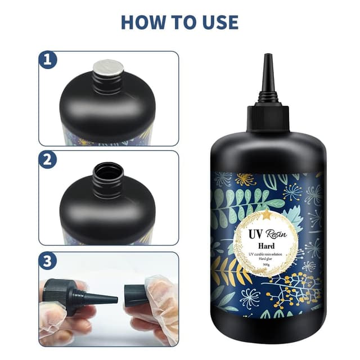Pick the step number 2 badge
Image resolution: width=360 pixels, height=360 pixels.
coord(47,159)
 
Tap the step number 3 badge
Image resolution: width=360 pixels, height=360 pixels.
coord(47,260)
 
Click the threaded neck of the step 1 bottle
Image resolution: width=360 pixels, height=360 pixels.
coord(108,83)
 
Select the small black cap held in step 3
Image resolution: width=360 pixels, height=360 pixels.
coord(136,295)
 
